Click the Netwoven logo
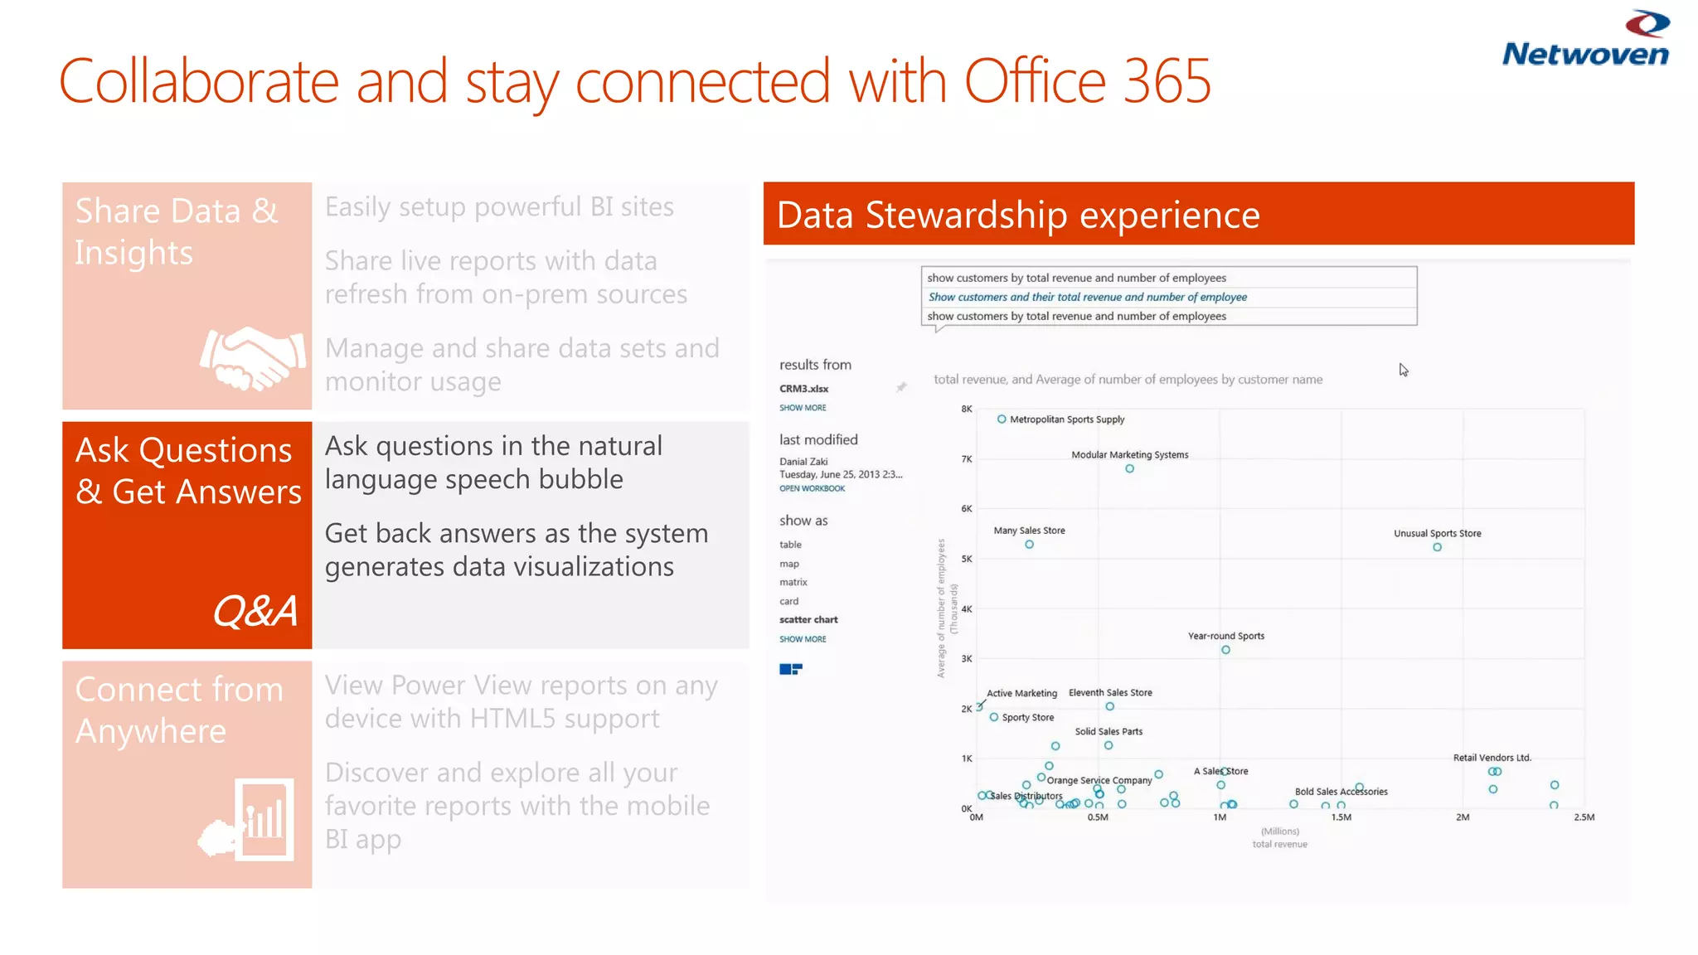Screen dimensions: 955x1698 point(1584,40)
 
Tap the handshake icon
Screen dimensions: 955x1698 point(252,358)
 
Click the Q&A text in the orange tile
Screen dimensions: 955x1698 point(255,612)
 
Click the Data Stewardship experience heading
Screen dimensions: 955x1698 point(1018,215)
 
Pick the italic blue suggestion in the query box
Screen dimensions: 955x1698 point(1087,297)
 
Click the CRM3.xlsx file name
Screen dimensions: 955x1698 point(803,388)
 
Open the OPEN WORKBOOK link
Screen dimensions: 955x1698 point(812,488)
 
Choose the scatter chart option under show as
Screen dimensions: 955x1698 point(808,619)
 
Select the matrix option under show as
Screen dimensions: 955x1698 point(793,582)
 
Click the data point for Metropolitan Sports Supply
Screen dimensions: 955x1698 point(1002,419)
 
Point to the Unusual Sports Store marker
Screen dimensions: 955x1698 point(1437,547)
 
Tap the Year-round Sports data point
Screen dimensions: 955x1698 point(1225,650)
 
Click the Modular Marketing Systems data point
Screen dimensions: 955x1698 point(1129,469)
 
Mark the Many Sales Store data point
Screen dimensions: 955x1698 point(1029,545)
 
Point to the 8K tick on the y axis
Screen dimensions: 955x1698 point(966,409)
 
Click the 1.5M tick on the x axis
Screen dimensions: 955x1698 point(1341,817)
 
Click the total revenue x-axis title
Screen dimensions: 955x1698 point(1279,844)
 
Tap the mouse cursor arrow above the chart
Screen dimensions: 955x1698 point(1403,370)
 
